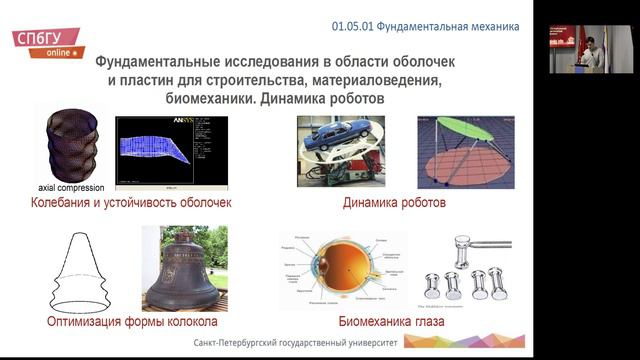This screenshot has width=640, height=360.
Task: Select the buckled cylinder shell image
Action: pos(73,146)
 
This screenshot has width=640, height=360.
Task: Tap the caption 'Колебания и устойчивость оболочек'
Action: pos(131,204)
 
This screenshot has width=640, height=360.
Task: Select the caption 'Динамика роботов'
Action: pos(394,204)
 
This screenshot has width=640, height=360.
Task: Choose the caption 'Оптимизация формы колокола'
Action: pos(133,322)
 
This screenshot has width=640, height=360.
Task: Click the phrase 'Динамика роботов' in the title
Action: pos(322,100)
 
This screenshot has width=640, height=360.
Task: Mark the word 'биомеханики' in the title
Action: pos(204,100)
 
